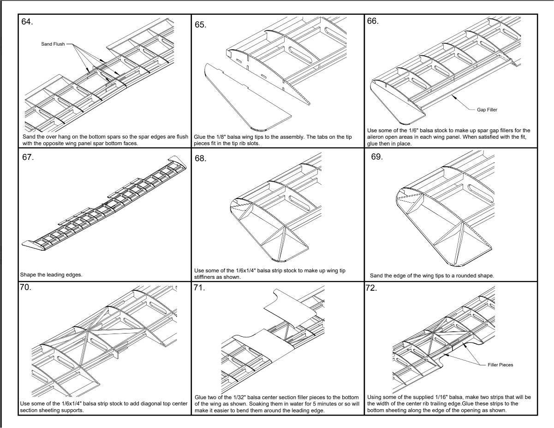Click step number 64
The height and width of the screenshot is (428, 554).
point(27,22)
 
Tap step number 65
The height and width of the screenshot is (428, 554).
point(200,25)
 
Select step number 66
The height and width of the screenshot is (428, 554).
point(373,21)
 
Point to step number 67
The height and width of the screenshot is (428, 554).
point(28,157)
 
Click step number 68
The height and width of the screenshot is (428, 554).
point(200,158)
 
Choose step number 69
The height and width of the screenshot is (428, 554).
point(377,157)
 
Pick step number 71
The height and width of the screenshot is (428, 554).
point(199,289)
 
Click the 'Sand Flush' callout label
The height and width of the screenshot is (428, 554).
point(53,45)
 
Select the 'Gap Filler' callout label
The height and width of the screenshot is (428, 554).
point(487,110)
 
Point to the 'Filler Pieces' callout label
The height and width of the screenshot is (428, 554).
point(500,364)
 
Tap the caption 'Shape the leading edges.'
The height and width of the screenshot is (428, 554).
point(51,275)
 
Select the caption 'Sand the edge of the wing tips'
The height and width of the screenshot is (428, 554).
point(432,276)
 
